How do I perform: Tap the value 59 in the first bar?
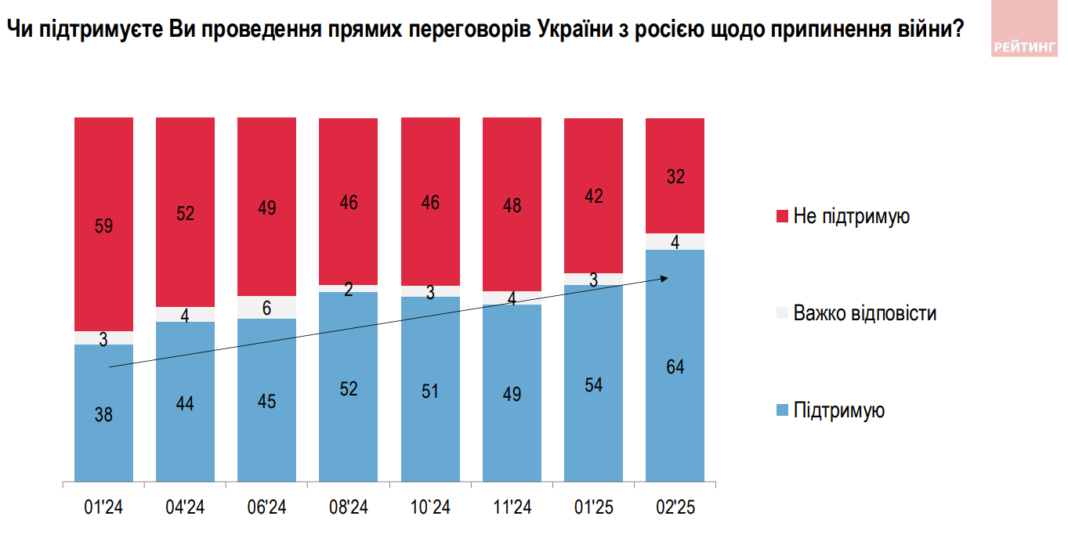click(103, 227)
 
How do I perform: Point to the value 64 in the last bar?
click(675, 366)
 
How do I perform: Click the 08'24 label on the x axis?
click(348, 508)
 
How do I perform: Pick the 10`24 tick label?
click(430, 508)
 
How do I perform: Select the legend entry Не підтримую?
click(851, 216)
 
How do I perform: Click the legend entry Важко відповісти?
click(864, 314)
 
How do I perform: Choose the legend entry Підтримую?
click(838, 410)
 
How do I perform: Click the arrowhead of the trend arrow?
click(665, 278)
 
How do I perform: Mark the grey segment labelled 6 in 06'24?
click(266, 308)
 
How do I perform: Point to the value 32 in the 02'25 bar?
click(675, 177)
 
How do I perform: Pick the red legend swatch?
click(781, 216)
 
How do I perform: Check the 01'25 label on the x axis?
click(593, 508)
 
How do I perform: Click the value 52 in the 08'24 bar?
click(348, 389)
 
